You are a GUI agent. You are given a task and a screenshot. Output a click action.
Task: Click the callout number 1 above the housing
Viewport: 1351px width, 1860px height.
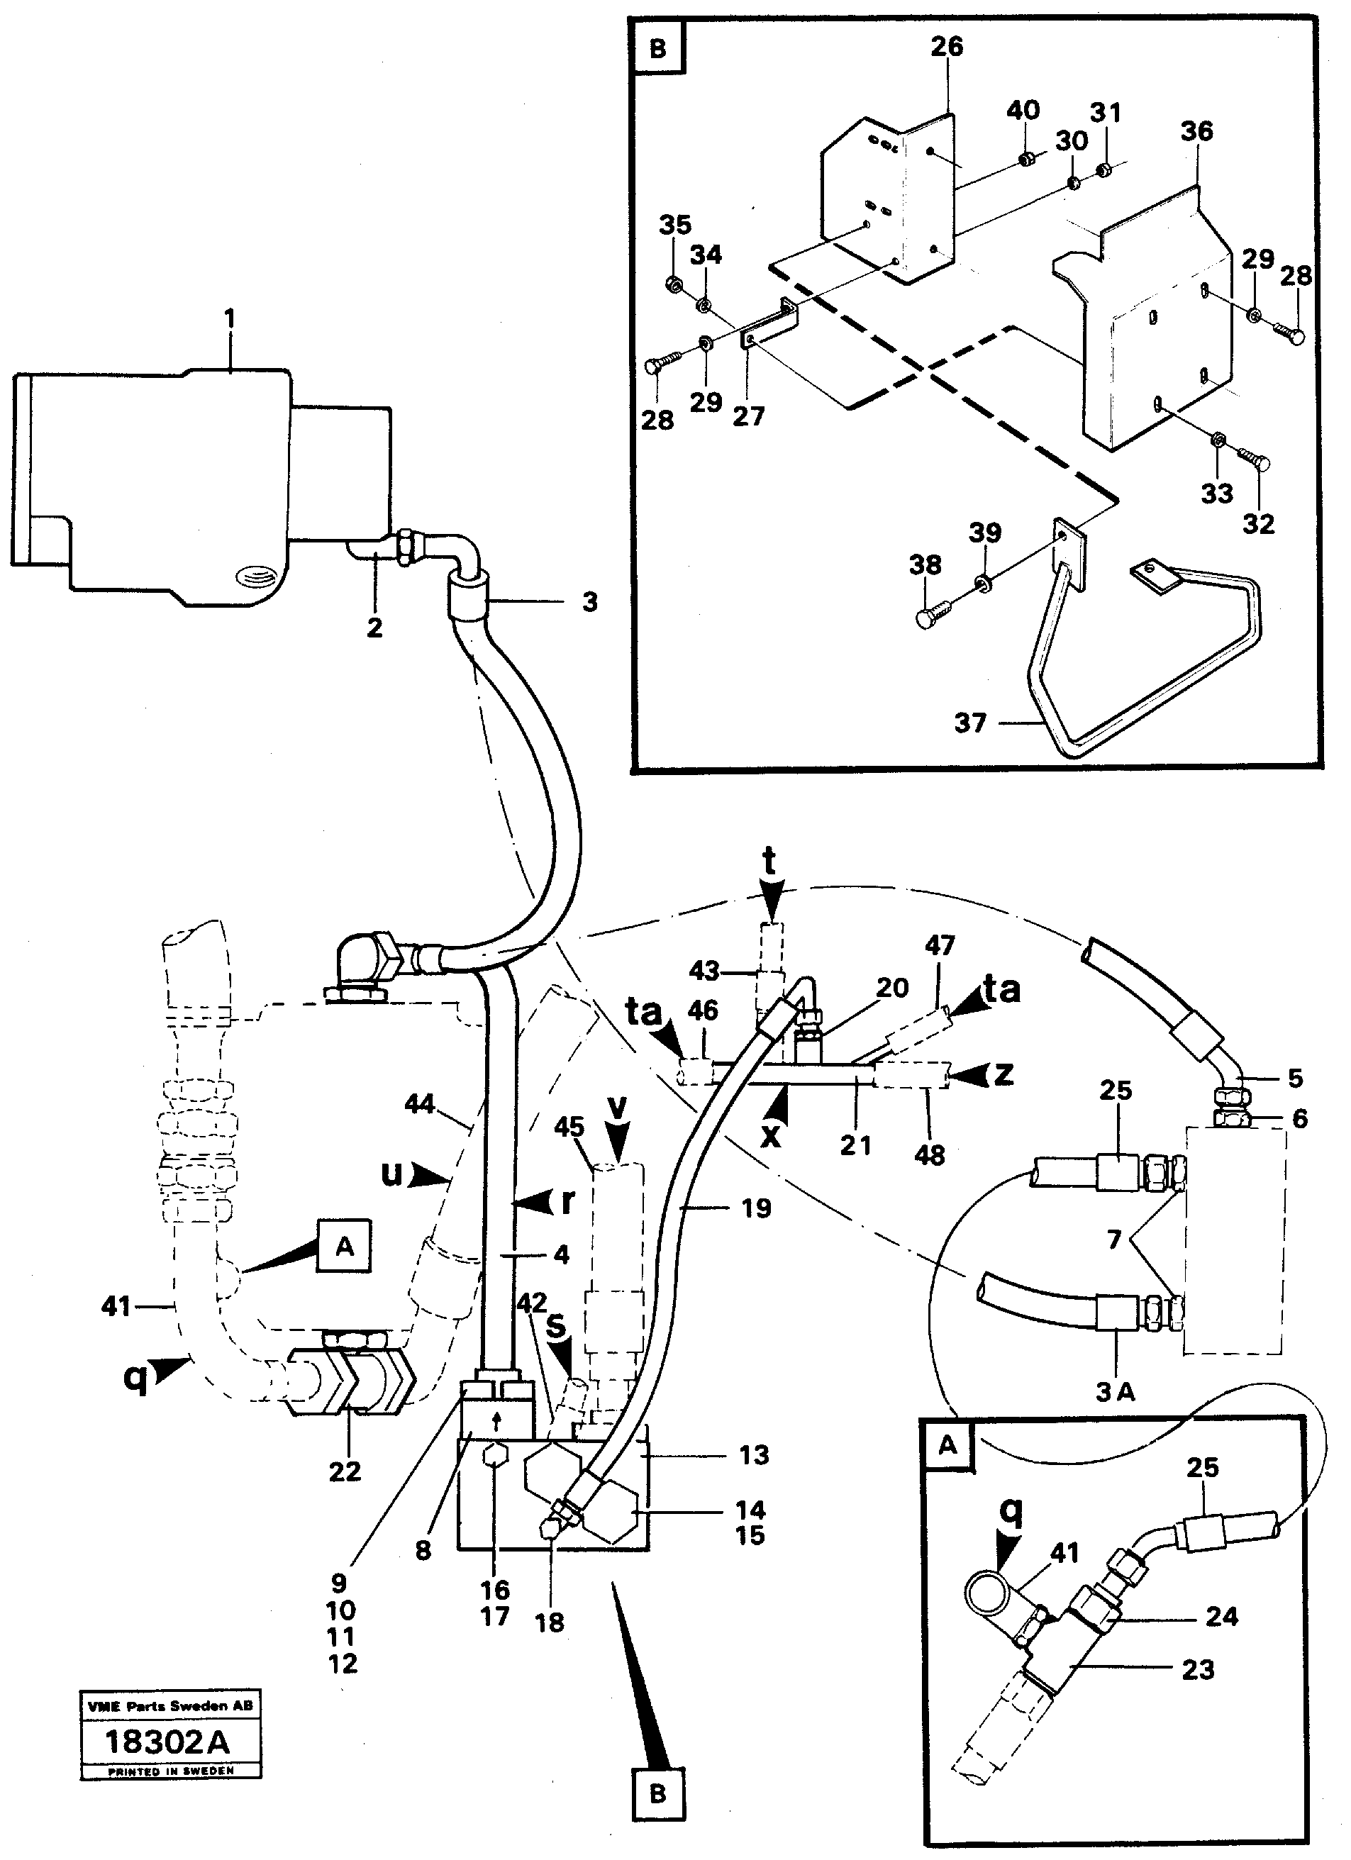230,318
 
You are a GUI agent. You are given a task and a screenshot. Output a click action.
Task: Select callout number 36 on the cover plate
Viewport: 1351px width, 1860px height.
1196,131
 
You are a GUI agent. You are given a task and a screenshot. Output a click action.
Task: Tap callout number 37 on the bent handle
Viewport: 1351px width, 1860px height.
969,723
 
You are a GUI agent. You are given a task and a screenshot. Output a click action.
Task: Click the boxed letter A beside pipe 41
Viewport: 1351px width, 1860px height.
345,1246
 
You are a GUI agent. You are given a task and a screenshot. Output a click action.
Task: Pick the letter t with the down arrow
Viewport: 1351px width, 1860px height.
769,863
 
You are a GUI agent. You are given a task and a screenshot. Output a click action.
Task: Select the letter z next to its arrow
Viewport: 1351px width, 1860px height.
1002,1074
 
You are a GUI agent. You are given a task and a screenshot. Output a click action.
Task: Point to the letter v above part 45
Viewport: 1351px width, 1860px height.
617,1107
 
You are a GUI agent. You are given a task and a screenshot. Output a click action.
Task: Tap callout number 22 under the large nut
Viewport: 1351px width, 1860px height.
345,1471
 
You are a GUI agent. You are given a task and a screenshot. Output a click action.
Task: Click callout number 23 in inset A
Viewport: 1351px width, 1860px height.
1198,1669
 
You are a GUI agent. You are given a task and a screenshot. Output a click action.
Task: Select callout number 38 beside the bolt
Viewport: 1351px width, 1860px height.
925,564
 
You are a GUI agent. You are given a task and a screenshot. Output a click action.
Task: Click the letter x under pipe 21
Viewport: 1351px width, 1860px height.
770,1136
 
